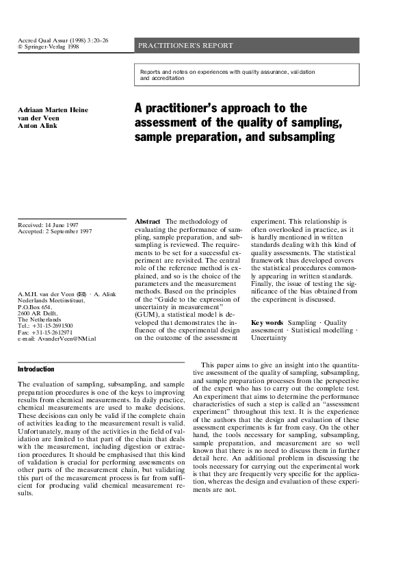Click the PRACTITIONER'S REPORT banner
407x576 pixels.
click(x=186, y=46)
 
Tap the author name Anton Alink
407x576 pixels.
click(x=38, y=125)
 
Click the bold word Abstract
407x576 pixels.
click(x=148, y=222)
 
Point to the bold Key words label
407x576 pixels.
click(x=267, y=322)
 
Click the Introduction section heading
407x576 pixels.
click(x=36, y=369)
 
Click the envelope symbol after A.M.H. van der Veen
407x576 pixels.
click(x=81, y=294)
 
